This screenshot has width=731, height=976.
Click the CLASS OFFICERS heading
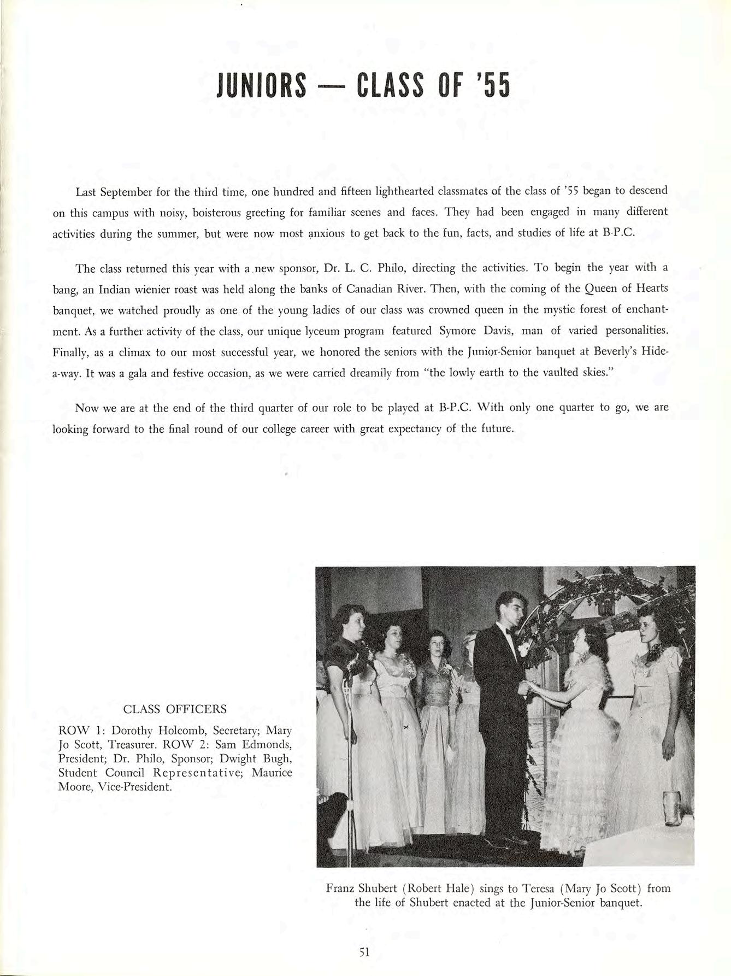click(175, 709)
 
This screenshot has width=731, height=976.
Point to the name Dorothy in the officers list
click(133, 730)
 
